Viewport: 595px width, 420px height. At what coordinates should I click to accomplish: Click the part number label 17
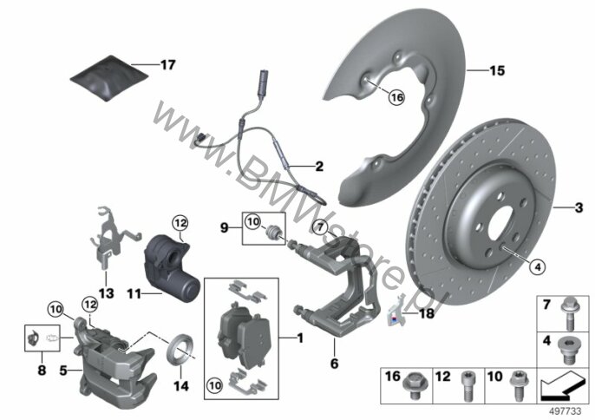[x=167, y=64]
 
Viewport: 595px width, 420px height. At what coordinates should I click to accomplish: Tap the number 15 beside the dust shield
[x=497, y=70]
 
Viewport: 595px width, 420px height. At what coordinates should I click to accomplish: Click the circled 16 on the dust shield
[x=396, y=97]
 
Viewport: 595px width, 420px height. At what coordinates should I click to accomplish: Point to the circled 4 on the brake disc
[x=538, y=267]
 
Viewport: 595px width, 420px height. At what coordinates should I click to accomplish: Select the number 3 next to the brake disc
[x=579, y=208]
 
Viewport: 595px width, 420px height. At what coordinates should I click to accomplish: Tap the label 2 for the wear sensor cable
[x=319, y=167]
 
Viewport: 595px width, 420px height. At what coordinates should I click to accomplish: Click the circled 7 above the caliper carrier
[x=321, y=227]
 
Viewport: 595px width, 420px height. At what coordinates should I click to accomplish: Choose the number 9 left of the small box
[x=225, y=228]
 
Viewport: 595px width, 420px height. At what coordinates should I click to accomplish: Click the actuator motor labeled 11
[x=172, y=266]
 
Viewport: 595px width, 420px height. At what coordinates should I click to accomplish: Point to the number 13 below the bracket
[x=106, y=293]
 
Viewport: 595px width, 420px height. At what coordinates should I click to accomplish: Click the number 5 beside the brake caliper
[x=63, y=370]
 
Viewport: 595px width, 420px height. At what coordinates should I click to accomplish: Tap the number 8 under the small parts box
[x=42, y=371]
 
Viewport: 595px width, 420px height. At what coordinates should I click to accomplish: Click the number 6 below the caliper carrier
[x=334, y=364]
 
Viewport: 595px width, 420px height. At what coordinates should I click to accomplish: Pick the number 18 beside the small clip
[x=427, y=313]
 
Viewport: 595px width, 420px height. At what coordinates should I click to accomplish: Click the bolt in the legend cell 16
[x=414, y=385]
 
